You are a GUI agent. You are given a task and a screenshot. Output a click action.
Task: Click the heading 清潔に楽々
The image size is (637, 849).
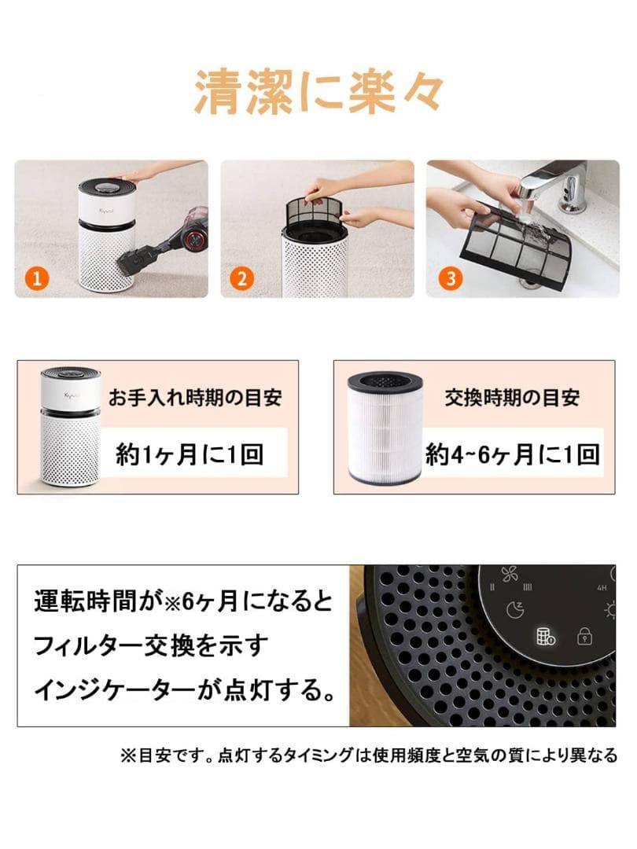pyautogui.click(x=318, y=94)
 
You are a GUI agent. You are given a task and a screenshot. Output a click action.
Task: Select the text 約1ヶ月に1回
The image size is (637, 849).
pyautogui.click(x=190, y=454)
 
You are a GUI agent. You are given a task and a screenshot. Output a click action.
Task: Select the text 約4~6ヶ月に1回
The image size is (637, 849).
pyautogui.click(x=513, y=454)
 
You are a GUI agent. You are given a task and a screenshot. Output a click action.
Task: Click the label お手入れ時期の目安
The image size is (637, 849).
pyautogui.click(x=194, y=397)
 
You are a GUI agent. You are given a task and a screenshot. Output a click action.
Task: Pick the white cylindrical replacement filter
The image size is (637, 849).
pyautogui.click(x=385, y=428)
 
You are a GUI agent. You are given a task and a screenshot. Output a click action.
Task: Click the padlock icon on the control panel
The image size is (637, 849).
pyautogui.click(x=584, y=635)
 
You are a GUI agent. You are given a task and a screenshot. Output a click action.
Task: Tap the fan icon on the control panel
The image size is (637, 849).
pyautogui.click(x=510, y=574)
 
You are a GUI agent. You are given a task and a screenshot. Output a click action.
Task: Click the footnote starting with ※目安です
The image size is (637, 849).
pyautogui.click(x=368, y=755)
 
